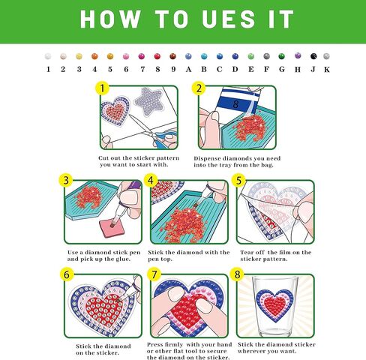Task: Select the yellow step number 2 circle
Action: click(x=199, y=88)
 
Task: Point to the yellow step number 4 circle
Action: click(x=151, y=181)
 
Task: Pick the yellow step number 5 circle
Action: click(x=238, y=181)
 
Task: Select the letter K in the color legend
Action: click(x=327, y=70)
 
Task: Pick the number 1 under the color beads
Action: click(x=48, y=70)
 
